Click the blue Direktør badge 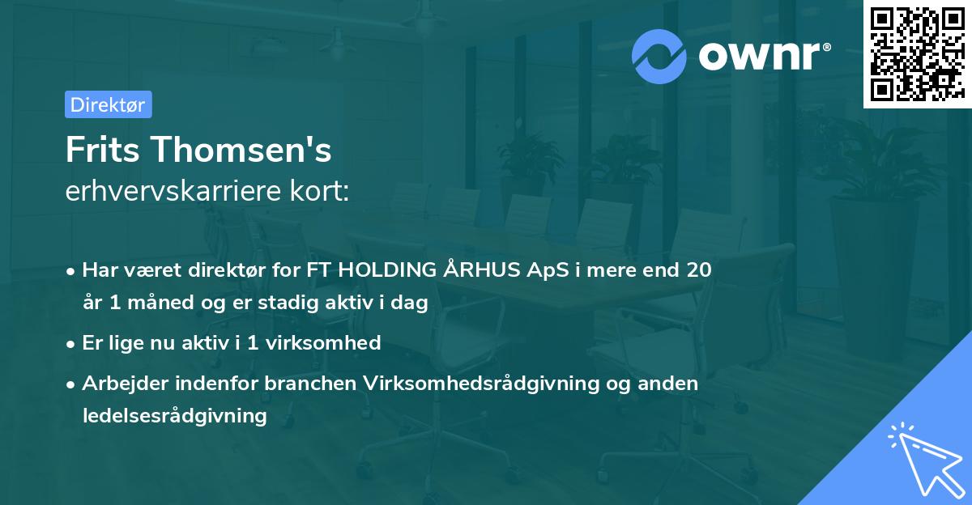pyautogui.click(x=109, y=104)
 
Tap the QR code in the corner pyautogui.click(x=917, y=54)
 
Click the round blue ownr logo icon pyautogui.click(x=659, y=57)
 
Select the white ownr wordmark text pyautogui.click(x=764, y=57)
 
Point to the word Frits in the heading pyautogui.click(x=102, y=150)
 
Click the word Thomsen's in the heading pyautogui.click(x=241, y=150)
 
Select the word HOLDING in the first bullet pyautogui.click(x=387, y=270)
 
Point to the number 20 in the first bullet pyautogui.click(x=699, y=270)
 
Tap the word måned pyautogui.click(x=160, y=302)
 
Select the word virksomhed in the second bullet pyautogui.click(x=323, y=342)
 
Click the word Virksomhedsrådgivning pyautogui.click(x=481, y=384)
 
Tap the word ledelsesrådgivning pyautogui.click(x=175, y=416)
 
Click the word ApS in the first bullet pyautogui.click(x=548, y=271)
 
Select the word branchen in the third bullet pyautogui.click(x=310, y=383)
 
